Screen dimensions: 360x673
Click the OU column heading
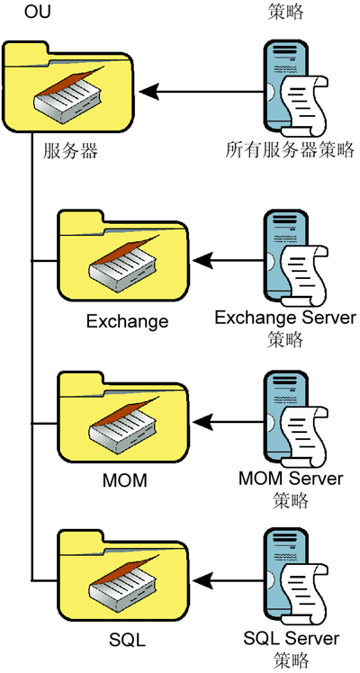[37, 12]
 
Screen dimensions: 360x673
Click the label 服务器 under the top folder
[70, 151]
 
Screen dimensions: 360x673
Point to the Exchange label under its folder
[128, 321]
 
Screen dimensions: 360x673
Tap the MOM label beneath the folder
[125, 480]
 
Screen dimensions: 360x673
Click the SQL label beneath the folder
[128, 641]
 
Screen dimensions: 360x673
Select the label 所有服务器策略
[290, 150]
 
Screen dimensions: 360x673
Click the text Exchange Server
[285, 318]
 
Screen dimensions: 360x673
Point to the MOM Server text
[291, 478]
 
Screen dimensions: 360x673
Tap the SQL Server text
[292, 638]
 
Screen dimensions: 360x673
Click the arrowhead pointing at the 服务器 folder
[148, 92]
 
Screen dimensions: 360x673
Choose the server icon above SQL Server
[296, 579]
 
